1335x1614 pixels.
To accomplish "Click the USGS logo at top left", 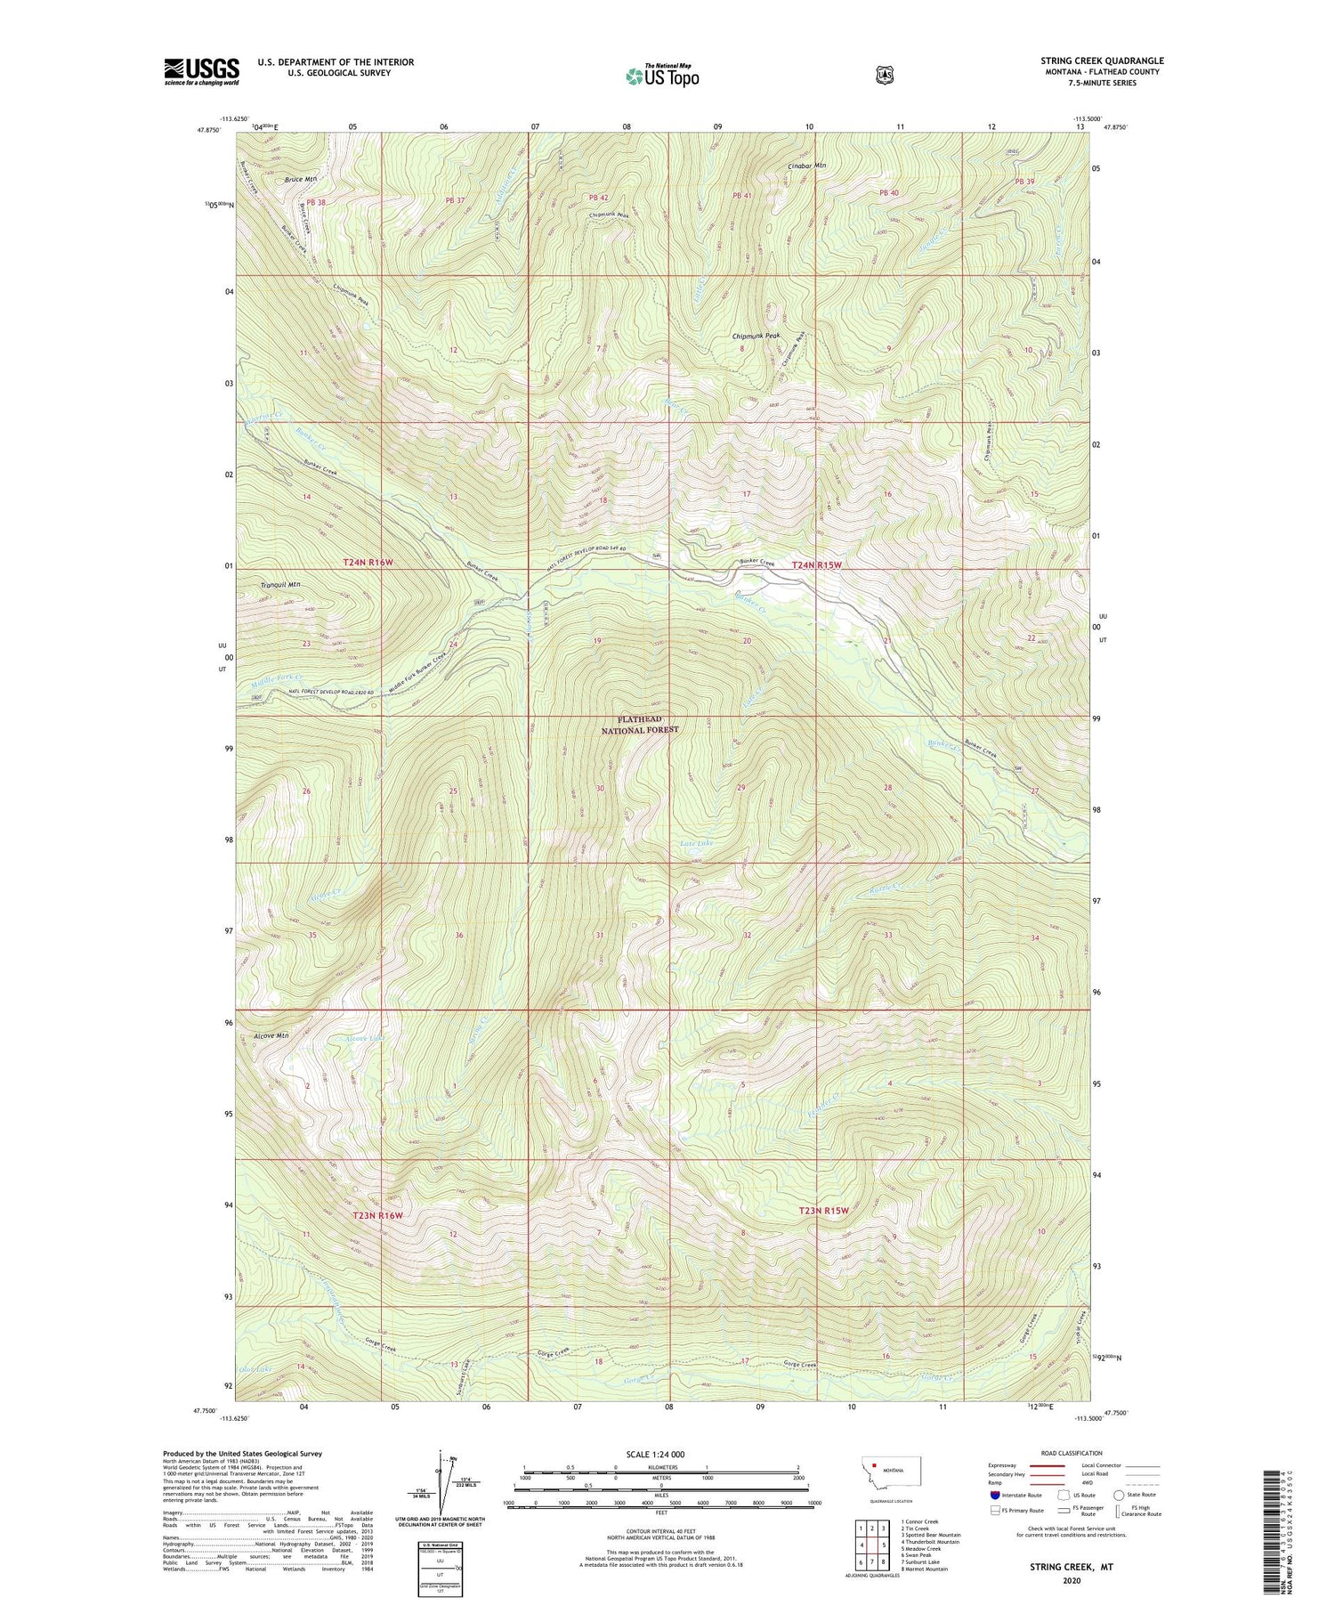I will [x=201, y=71].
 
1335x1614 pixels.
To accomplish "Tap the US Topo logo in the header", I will [x=662, y=76].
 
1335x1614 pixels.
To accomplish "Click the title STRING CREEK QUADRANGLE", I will [x=1102, y=61].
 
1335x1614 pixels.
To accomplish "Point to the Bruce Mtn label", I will [x=301, y=180].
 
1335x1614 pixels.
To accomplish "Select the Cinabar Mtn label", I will [x=807, y=166].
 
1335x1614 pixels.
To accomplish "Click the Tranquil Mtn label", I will [x=281, y=584].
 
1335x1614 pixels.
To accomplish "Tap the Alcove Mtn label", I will [x=271, y=1036].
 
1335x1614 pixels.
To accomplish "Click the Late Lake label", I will [x=697, y=842].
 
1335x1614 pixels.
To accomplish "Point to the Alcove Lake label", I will [x=365, y=1038].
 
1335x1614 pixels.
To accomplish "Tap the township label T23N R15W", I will [x=823, y=1211].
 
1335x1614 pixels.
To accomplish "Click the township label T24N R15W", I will [x=816, y=565].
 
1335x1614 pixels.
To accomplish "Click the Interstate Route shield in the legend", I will [x=995, y=1495].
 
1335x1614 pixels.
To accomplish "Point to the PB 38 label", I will [x=317, y=202].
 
